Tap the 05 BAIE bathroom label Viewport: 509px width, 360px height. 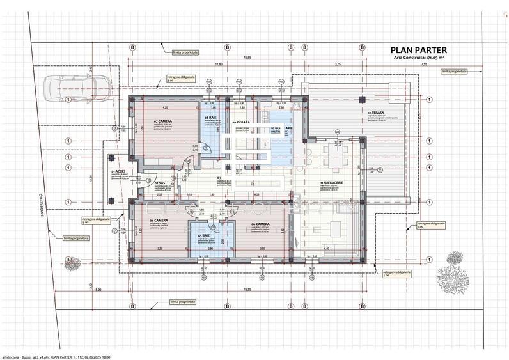(205, 235)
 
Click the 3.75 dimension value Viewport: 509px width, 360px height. (338, 64)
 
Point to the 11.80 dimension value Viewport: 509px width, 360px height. (218, 64)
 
